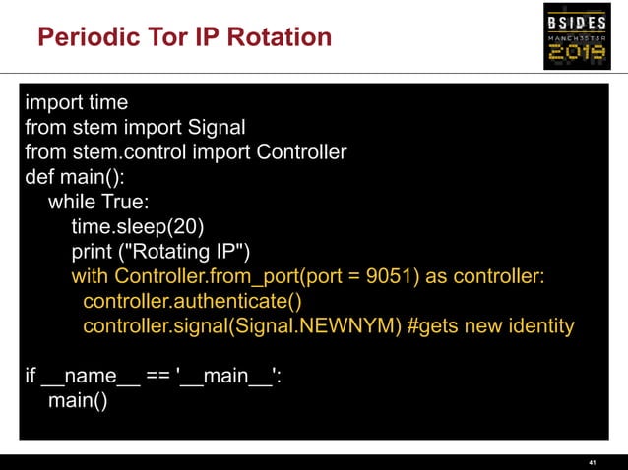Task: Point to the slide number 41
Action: click(592, 461)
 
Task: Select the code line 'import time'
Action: click(76, 102)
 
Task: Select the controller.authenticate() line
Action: click(193, 301)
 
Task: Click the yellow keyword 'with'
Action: click(91, 276)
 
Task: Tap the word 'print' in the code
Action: click(94, 252)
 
